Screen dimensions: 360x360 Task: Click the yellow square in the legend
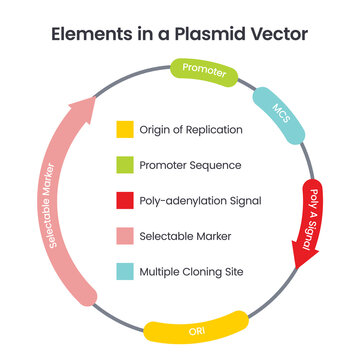coord(124,128)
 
